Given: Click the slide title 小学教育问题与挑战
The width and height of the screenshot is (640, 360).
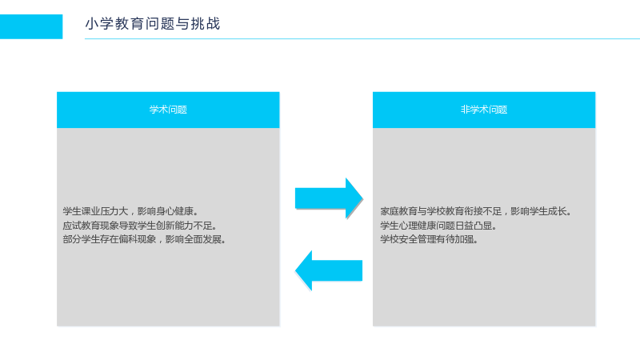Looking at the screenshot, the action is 153,24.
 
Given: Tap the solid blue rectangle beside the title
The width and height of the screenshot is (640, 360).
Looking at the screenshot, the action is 31,26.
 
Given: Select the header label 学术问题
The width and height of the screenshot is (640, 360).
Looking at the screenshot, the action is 168,110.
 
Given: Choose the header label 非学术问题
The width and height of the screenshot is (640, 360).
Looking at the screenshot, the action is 484,110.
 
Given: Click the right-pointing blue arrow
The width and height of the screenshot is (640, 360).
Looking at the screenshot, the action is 329,198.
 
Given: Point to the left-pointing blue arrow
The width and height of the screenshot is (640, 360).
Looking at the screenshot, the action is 329,270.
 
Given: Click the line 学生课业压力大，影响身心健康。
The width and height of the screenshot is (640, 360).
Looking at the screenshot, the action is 130,211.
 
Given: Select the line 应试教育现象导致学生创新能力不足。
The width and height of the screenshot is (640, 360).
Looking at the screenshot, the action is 140,226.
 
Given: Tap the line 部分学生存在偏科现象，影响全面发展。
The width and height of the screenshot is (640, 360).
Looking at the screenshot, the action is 145,239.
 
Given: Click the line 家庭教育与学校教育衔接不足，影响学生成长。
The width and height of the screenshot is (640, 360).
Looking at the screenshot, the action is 476,211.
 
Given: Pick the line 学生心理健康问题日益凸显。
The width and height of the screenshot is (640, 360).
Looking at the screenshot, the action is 438,226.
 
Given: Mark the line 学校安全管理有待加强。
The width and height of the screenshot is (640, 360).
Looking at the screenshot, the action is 429,239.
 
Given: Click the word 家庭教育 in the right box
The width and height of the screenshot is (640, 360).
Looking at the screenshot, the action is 398,211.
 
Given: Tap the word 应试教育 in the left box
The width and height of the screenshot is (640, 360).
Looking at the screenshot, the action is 82,226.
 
